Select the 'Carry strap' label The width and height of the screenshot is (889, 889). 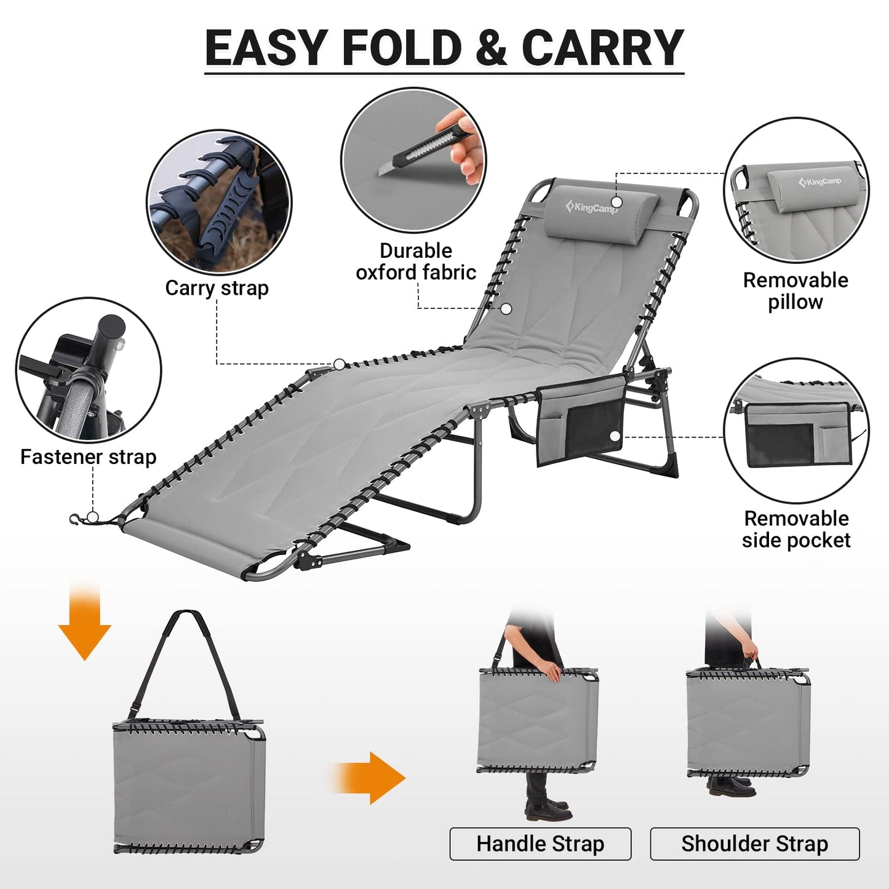click(x=217, y=288)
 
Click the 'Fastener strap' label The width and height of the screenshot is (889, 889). click(x=88, y=457)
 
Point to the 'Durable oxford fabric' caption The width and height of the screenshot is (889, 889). click(x=416, y=261)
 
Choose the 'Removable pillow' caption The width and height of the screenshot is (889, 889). click(x=795, y=291)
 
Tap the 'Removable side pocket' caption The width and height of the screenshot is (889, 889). click(x=796, y=529)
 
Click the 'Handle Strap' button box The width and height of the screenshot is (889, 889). click(x=540, y=843)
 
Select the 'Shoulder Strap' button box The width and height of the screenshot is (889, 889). click(x=754, y=843)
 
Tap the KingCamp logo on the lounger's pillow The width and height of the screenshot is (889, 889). click(x=591, y=207)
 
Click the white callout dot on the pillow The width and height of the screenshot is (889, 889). click(x=616, y=202)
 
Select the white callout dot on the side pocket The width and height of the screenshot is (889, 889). click(x=614, y=436)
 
